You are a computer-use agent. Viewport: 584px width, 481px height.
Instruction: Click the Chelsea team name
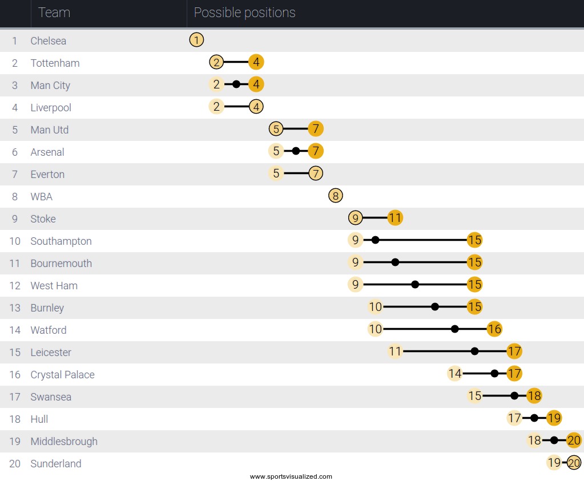coord(49,41)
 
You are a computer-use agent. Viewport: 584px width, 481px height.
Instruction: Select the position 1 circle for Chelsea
coord(196,40)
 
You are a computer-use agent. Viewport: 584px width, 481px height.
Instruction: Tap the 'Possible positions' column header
coord(244,13)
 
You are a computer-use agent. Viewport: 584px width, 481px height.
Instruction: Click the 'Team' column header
coord(54,13)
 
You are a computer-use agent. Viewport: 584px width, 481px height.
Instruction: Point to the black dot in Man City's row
coord(236,84)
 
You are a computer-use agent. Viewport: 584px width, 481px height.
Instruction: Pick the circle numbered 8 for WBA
coord(336,196)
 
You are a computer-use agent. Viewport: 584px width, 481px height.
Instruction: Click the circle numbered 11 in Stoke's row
coord(395,218)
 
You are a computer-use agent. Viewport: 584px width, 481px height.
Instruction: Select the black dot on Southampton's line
coord(375,240)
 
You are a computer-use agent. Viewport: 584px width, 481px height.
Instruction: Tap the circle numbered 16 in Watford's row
coord(494,329)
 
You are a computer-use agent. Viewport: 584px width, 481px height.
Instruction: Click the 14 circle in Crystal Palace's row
coord(454,374)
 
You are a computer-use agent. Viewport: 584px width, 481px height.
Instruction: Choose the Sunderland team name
coord(56,463)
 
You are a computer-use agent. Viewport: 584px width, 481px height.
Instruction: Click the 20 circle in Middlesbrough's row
coord(574,440)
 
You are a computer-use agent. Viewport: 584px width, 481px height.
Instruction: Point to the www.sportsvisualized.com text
coord(291,476)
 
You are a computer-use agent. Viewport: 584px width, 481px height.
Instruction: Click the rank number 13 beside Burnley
coord(15,308)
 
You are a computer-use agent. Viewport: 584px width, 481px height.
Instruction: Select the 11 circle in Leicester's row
coord(395,351)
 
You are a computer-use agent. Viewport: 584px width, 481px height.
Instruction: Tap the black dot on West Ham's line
coord(415,285)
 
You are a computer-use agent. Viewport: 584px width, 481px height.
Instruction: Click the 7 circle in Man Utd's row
coord(316,129)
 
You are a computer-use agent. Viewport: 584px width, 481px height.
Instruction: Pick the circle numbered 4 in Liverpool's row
coord(256,107)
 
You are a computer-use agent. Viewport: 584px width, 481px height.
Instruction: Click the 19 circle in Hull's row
coord(554,418)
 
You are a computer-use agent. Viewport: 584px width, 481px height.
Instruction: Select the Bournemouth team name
coord(61,264)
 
